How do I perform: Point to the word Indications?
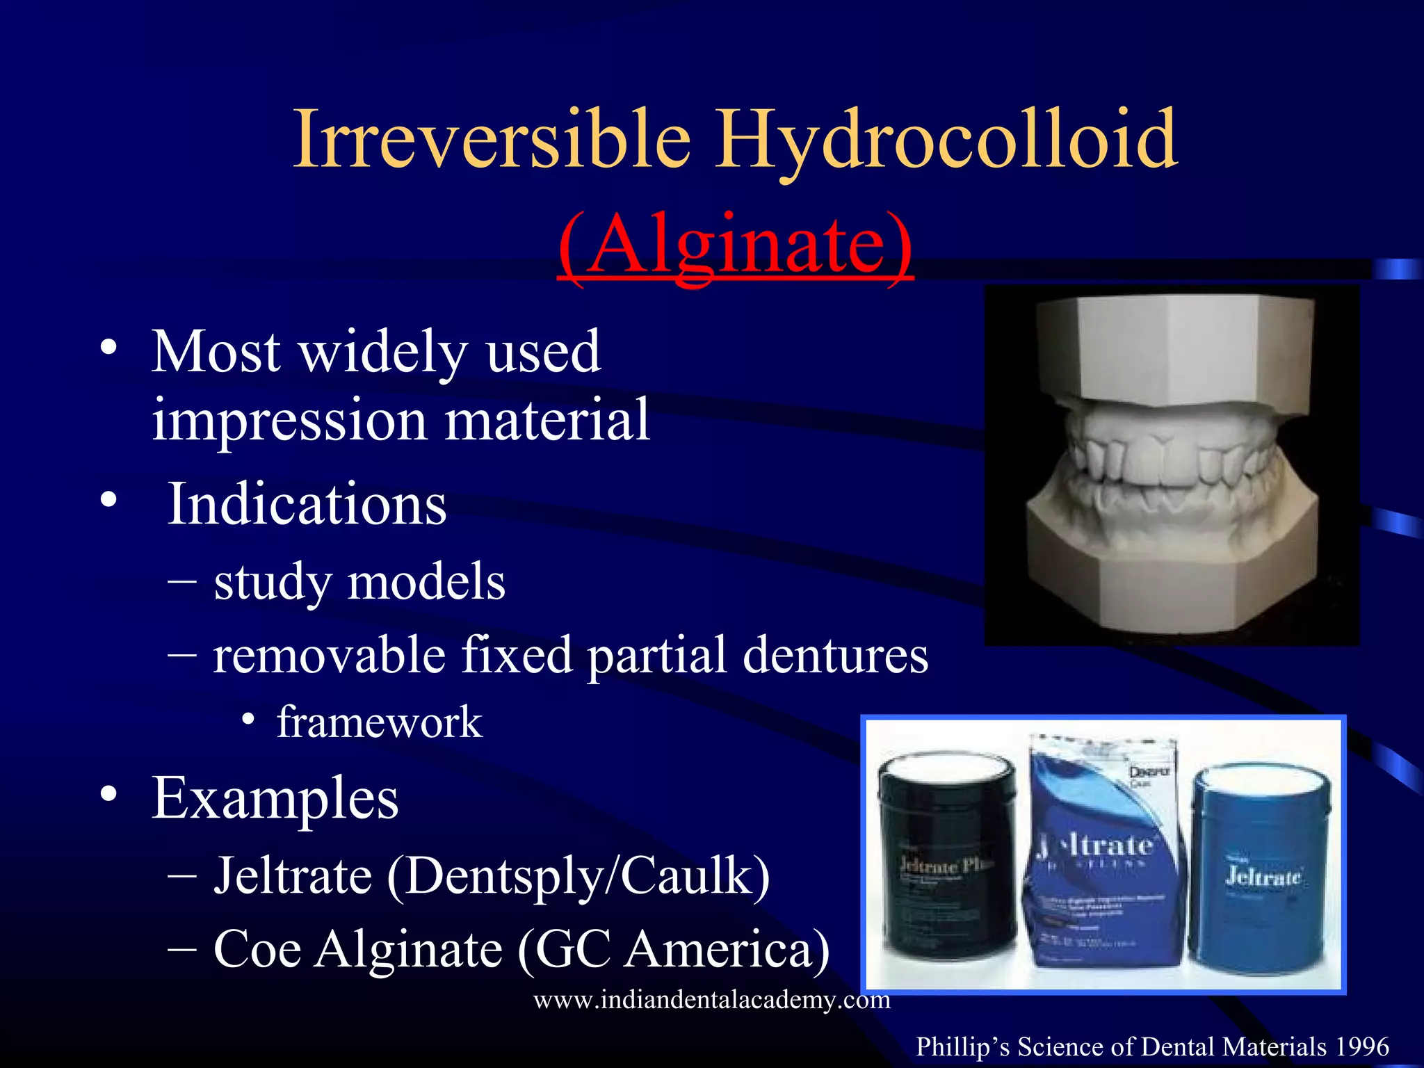coord(307,503)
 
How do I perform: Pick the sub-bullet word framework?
coord(379,722)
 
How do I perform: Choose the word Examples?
coord(275,798)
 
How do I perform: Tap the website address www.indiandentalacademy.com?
coord(711,1000)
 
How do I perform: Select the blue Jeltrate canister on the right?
coord(1262,869)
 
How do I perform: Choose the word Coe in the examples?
coord(257,949)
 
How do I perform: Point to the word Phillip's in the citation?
coord(962,1047)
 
